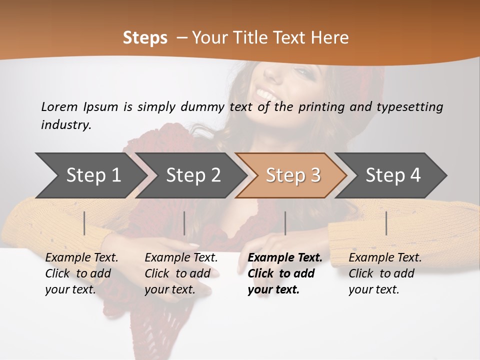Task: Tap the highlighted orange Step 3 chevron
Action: [293, 175]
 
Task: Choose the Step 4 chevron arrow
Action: [393, 175]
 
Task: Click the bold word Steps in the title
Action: [145, 38]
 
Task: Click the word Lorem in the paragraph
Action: [59, 106]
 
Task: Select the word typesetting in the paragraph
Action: [409, 106]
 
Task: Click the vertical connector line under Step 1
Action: [84, 223]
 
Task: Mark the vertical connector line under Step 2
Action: [184, 223]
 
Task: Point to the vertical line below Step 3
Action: [285, 223]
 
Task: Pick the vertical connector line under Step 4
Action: [386, 223]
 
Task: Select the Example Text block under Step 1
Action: [81, 273]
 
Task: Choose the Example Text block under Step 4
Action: [385, 273]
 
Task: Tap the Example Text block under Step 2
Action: [181, 273]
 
